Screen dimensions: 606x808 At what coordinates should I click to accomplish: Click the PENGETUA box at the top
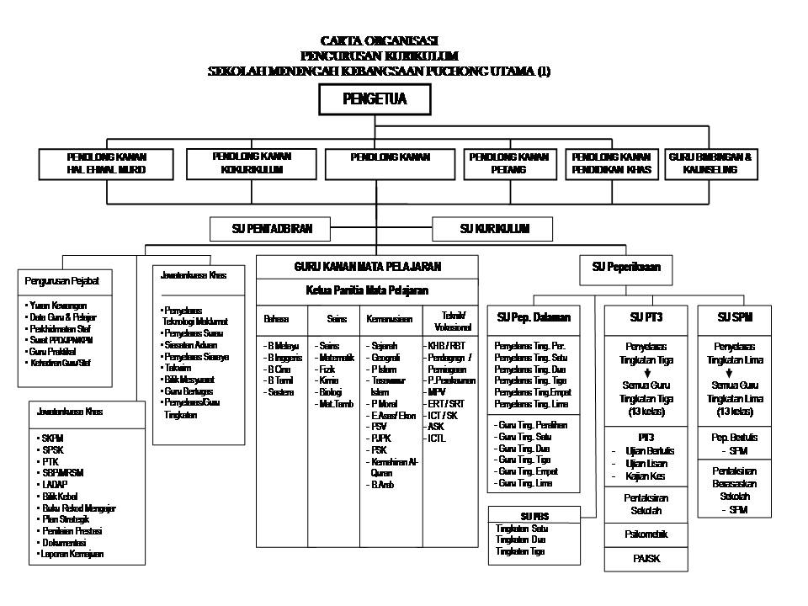[x=375, y=100]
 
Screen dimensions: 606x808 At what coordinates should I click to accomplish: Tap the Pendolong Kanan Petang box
[x=508, y=163]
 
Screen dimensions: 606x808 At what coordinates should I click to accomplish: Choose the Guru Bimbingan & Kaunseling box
[x=710, y=163]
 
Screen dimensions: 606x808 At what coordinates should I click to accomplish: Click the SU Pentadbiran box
[x=269, y=228]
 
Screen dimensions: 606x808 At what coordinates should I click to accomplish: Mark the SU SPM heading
[x=735, y=317]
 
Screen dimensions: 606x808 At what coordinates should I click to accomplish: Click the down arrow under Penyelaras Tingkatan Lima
[x=735, y=372]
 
